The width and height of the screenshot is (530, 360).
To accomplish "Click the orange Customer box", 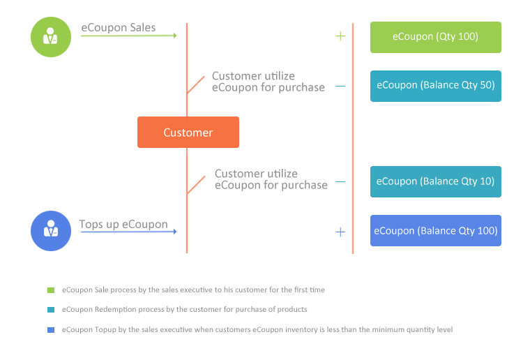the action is point(188,132).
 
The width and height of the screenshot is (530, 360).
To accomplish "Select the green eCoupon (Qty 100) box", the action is point(436,37).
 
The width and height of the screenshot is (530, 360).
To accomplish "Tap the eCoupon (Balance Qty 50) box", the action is point(436,86).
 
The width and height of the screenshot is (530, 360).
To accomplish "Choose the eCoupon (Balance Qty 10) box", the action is point(436,181).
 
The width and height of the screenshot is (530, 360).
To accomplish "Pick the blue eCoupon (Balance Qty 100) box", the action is point(436,230).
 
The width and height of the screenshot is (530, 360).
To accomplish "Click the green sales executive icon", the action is point(51,37).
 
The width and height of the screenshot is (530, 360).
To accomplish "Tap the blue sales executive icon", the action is point(51,231).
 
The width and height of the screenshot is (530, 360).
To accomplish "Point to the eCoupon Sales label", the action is point(119,27).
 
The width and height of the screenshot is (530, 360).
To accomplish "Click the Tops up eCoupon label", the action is point(123,224).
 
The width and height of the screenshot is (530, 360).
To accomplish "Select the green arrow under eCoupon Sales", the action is point(129,36).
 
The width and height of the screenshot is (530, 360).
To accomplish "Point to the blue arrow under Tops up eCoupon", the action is point(129,232).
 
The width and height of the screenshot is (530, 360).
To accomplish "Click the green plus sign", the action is point(340,36).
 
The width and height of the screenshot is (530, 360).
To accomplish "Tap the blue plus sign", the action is point(340,232).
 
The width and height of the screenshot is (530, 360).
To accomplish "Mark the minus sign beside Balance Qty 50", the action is point(340,87).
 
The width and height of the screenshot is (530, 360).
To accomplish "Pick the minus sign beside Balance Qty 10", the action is point(340,182).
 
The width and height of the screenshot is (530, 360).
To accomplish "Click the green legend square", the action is point(51,290).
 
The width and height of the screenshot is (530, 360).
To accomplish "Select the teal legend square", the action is point(51,310).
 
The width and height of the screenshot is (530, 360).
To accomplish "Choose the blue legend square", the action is point(51,330).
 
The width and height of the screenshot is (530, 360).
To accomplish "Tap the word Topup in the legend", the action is point(105,330).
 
